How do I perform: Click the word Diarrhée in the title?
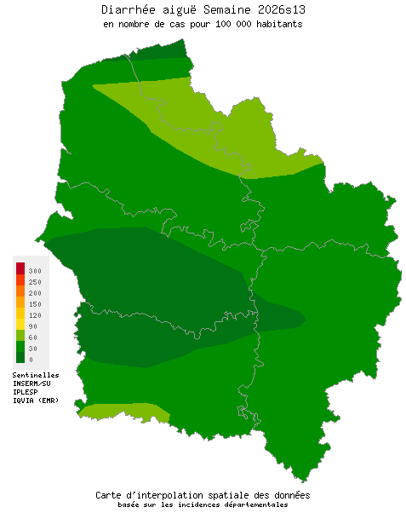pos(127,9)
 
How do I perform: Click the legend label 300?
pos(35,270)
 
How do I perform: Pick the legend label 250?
pos(35,281)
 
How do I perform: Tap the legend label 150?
pos(35,303)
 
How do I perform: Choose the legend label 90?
pos(33,326)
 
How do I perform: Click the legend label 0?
pos(31,359)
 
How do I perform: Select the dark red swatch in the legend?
pos(20,268)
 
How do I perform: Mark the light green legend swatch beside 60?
pos(20,336)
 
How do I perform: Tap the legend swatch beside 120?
pos(20,314)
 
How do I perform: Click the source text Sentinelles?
pos(36,375)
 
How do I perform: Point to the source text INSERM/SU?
pos(31,383)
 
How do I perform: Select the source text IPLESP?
pos(26,392)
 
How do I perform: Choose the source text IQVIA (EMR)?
pos(36,401)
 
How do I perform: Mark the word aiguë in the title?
pos(173,9)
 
